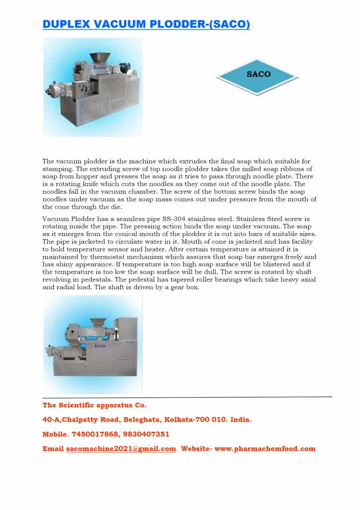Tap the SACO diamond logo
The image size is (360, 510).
click(258, 75)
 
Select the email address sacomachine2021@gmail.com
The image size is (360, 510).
click(121, 449)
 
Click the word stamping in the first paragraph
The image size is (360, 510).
click(57, 169)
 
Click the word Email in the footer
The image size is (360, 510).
click(53, 449)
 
